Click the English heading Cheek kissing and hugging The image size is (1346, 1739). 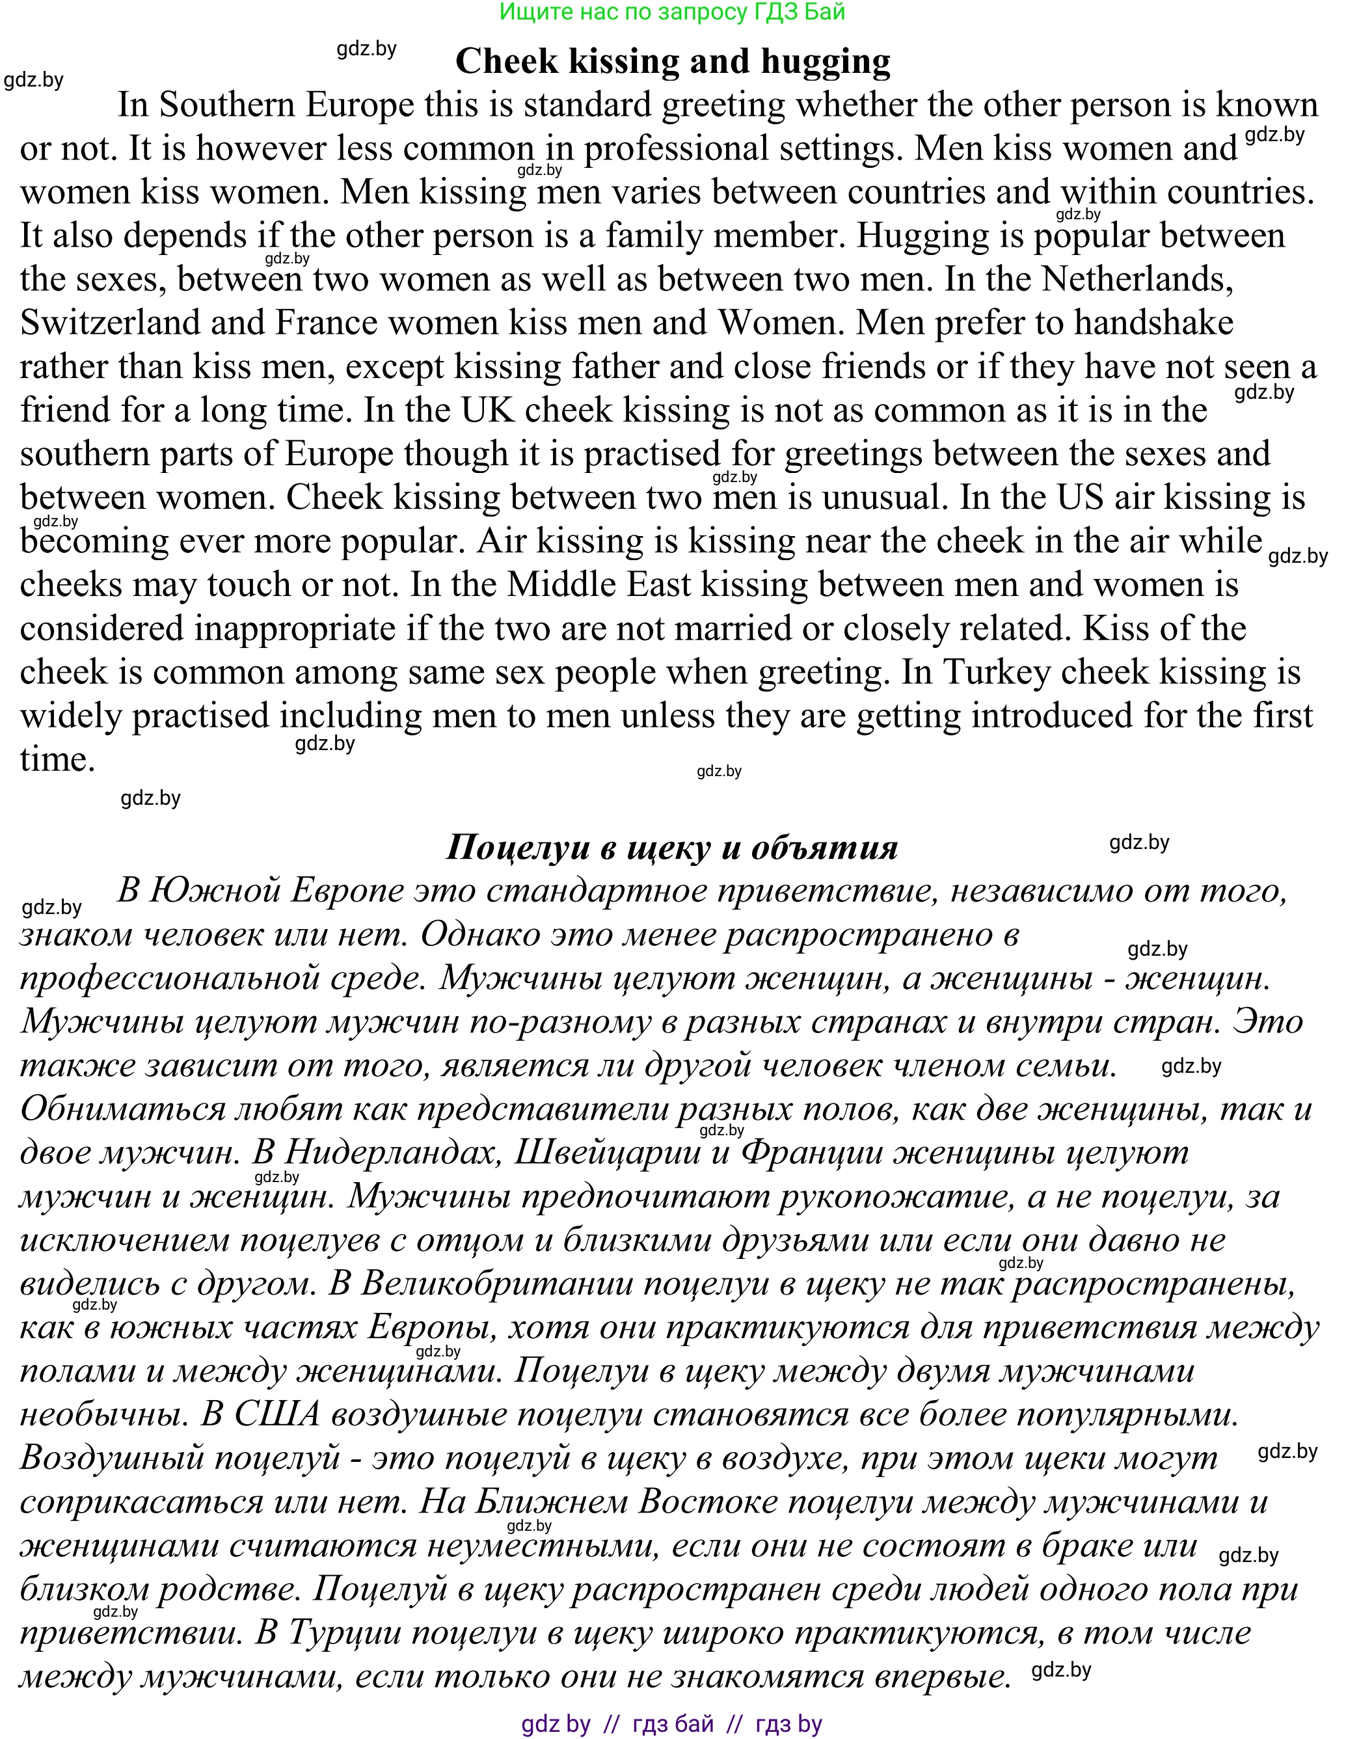pyautogui.click(x=672, y=61)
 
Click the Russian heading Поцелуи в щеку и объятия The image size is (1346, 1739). pyautogui.click(x=671, y=847)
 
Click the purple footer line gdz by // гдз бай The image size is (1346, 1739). pyautogui.click(x=671, y=1724)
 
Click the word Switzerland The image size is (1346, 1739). pyautogui.click(x=110, y=323)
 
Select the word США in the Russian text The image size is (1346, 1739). pyautogui.click(x=276, y=1414)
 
